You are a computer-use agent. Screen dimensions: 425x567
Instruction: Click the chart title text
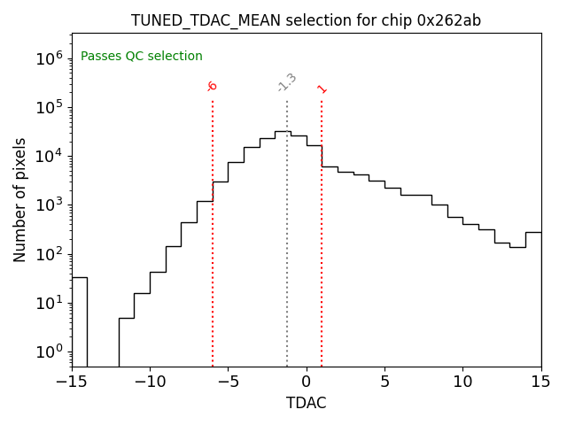click(306, 20)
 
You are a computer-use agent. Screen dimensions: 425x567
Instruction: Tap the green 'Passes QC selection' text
click(142, 57)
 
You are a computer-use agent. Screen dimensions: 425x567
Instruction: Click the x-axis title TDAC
click(306, 403)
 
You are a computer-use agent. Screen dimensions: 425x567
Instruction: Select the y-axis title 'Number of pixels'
click(20, 199)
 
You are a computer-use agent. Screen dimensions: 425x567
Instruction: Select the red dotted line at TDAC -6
click(213, 266)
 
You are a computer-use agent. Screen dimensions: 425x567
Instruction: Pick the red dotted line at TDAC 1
click(322, 266)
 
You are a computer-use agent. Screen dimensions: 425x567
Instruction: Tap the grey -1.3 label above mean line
click(287, 82)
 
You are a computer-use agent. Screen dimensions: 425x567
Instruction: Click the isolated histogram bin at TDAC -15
click(80, 319)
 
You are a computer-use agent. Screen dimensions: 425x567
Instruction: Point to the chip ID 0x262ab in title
click(449, 20)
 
